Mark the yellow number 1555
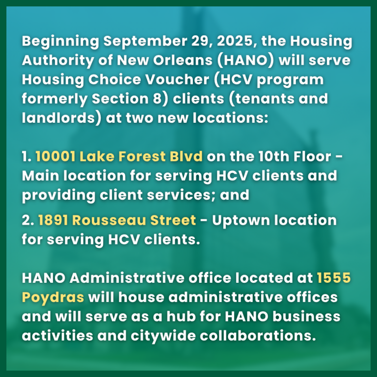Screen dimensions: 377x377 pos(334,278)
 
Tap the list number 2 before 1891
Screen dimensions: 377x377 pos(27,220)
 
